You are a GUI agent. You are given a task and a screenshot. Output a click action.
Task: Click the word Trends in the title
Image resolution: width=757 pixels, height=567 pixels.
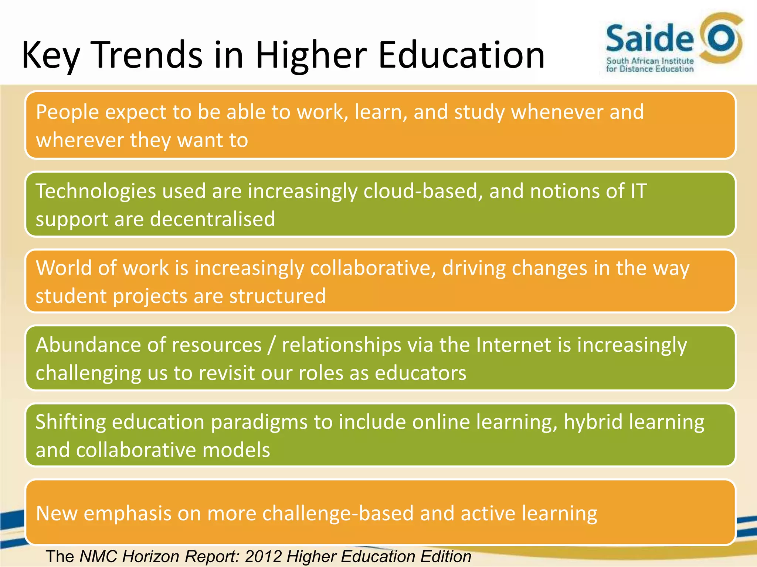coord(148,55)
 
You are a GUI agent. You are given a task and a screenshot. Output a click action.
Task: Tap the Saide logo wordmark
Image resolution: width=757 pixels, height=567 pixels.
coord(649,38)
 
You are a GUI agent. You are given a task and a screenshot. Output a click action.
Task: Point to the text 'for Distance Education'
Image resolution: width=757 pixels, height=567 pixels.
coord(649,69)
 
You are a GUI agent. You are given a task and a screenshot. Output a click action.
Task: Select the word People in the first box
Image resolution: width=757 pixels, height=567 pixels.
coord(68,112)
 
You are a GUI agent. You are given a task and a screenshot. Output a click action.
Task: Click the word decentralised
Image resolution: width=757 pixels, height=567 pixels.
coord(213,219)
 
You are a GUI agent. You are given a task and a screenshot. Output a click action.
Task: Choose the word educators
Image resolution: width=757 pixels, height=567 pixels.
coord(420,373)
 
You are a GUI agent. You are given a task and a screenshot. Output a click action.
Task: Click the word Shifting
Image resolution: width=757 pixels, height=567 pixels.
coord(71,422)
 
